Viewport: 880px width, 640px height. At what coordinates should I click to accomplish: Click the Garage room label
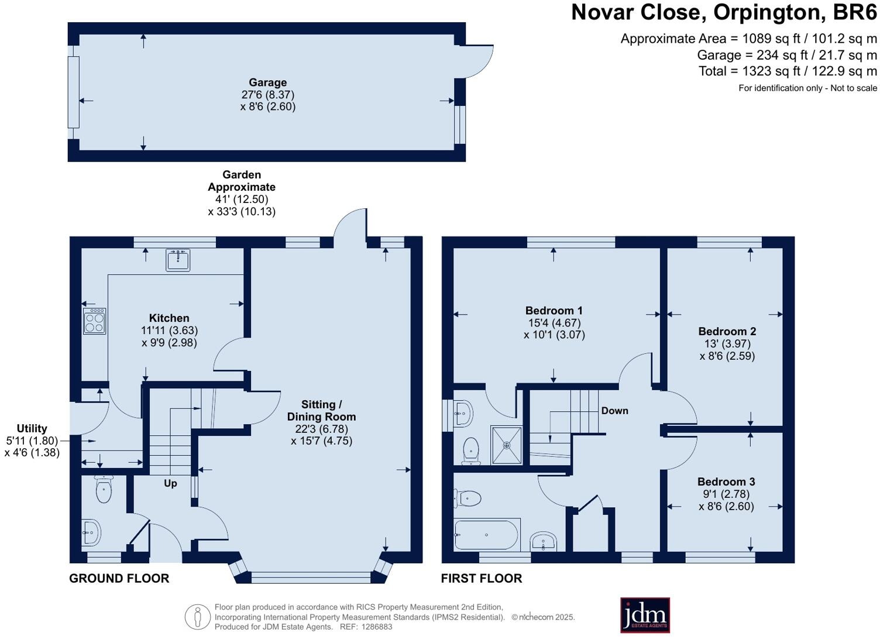(x=267, y=82)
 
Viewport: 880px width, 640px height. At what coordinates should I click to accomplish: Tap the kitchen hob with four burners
(x=94, y=321)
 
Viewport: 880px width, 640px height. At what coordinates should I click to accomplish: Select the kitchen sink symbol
(x=178, y=260)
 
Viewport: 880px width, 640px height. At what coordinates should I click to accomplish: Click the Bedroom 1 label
(x=554, y=311)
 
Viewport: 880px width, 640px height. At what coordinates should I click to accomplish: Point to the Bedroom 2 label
(x=727, y=331)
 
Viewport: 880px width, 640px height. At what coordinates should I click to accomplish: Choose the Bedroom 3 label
(x=726, y=481)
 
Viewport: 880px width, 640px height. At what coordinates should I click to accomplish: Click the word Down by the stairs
(x=614, y=411)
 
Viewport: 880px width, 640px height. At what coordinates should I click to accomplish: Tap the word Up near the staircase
(x=170, y=484)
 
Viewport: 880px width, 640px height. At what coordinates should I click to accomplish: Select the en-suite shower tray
(x=506, y=445)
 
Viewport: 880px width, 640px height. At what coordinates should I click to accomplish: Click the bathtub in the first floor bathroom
(x=486, y=535)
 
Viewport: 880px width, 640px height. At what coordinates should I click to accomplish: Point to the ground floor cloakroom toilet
(x=104, y=490)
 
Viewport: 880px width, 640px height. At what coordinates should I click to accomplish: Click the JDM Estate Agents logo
(x=645, y=615)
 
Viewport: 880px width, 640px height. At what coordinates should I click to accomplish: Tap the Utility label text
(x=32, y=428)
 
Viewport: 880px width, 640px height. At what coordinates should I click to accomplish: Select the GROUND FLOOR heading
(x=119, y=579)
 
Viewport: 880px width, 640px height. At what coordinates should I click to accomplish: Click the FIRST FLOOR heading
(x=482, y=579)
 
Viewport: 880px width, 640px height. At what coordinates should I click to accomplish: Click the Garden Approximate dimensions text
(x=242, y=193)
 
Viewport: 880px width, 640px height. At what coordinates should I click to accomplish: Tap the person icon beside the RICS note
(x=198, y=617)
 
